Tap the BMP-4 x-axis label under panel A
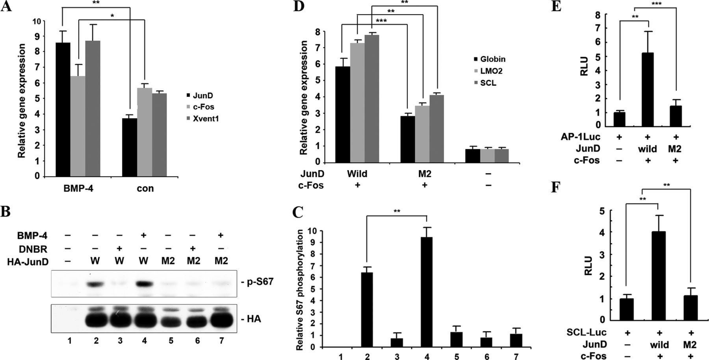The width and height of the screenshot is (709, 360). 78,188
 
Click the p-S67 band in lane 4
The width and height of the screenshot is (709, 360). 144,283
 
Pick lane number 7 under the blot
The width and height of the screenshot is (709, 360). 221,340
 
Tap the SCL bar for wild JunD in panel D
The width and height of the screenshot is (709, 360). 372,98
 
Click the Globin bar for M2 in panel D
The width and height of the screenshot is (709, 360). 407,139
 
